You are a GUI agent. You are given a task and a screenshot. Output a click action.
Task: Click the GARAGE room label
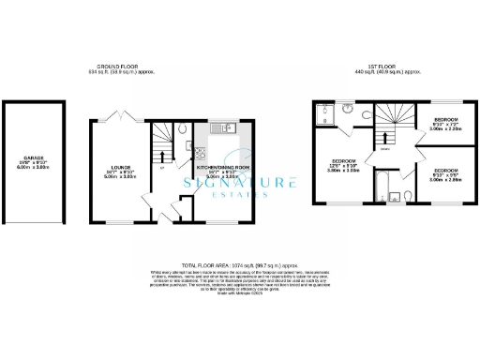pyautogui.click(x=27, y=159)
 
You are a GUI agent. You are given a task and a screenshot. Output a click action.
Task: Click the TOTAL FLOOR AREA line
pyautogui.click(x=239, y=266)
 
